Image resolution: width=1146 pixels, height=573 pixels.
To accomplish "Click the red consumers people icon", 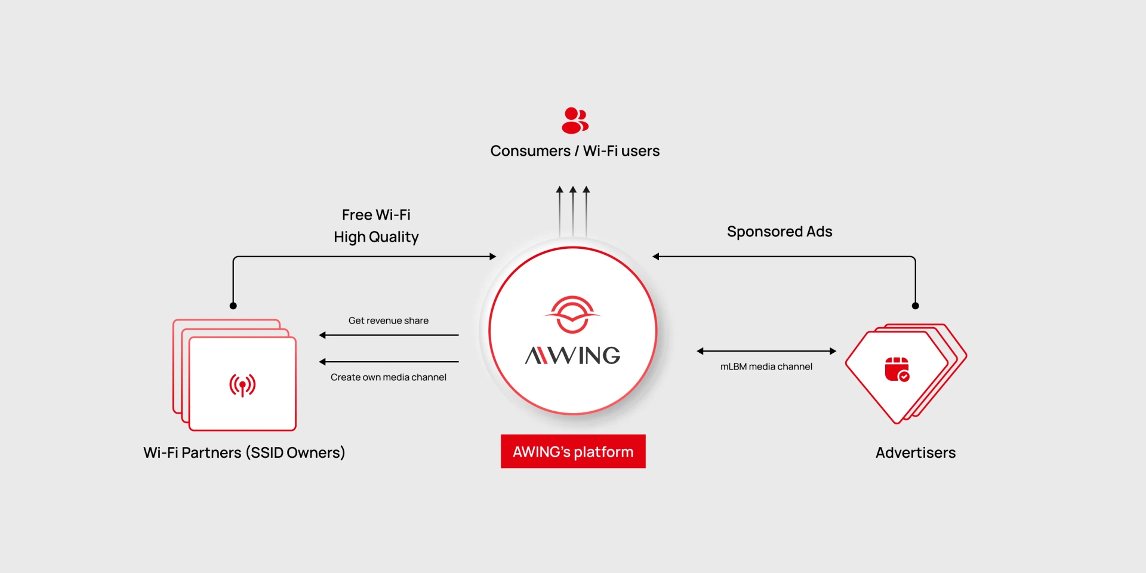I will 575,121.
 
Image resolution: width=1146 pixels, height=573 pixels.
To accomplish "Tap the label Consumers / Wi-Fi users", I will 575,151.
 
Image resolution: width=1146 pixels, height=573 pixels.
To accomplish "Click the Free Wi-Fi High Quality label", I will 376,226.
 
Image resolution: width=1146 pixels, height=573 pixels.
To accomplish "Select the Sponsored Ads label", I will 780,232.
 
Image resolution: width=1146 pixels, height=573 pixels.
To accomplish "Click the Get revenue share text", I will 389,321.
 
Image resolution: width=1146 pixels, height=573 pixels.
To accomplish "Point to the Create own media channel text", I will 389,377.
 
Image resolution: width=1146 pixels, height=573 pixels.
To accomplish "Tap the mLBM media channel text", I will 766,366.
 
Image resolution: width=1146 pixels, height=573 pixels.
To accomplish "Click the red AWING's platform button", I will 573,451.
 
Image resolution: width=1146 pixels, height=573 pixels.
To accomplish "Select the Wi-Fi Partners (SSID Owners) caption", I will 244,452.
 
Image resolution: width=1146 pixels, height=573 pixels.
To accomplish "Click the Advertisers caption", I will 916,452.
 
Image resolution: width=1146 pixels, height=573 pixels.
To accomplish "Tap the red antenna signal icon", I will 242,385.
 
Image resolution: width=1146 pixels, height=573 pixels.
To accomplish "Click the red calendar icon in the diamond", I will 897,369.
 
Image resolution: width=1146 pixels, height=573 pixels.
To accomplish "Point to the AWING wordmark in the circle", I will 572,356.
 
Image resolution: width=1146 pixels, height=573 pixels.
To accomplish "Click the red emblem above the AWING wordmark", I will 572,314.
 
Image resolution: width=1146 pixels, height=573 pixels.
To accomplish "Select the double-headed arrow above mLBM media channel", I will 766,351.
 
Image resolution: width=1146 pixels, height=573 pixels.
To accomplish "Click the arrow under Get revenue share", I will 389,335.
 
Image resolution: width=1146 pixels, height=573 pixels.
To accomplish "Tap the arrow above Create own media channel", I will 389,362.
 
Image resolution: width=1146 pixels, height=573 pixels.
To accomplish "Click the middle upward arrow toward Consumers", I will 573,211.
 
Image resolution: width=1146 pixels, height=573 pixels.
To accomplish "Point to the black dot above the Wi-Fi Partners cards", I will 233,306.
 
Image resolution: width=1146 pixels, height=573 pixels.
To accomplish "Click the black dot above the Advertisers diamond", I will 916,306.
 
